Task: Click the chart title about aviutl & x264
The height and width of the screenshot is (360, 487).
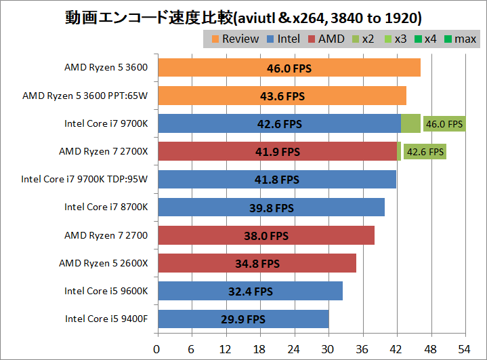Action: pyautogui.click(x=243, y=16)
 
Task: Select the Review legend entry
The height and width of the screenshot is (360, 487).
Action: pyautogui.click(x=234, y=39)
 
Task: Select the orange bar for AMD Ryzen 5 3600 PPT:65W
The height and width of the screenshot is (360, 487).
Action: pyautogui.click(x=281, y=96)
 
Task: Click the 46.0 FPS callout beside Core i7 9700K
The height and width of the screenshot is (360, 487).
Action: pyautogui.click(x=444, y=123)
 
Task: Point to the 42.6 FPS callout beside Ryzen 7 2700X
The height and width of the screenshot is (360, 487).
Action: pyautogui.click(x=425, y=152)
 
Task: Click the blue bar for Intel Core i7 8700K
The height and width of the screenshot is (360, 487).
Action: pyautogui.click(x=270, y=207)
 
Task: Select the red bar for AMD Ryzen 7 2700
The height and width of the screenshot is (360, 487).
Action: pyautogui.click(x=265, y=235)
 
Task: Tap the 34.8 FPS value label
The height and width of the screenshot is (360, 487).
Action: pyautogui.click(x=256, y=263)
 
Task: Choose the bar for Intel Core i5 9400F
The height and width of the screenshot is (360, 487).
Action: pyautogui.click(x=242, y=319)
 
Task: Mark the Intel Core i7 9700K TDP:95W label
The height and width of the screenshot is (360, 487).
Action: pyautogui.click(x=84, y=180)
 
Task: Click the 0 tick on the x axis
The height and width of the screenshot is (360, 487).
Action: pyautogui.click(x=157, y=348)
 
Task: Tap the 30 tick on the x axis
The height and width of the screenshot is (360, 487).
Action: pyautogui.click(x=329, y=348)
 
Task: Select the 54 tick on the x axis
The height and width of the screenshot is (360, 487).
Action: pyautogui.click(x=465, y=348)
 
